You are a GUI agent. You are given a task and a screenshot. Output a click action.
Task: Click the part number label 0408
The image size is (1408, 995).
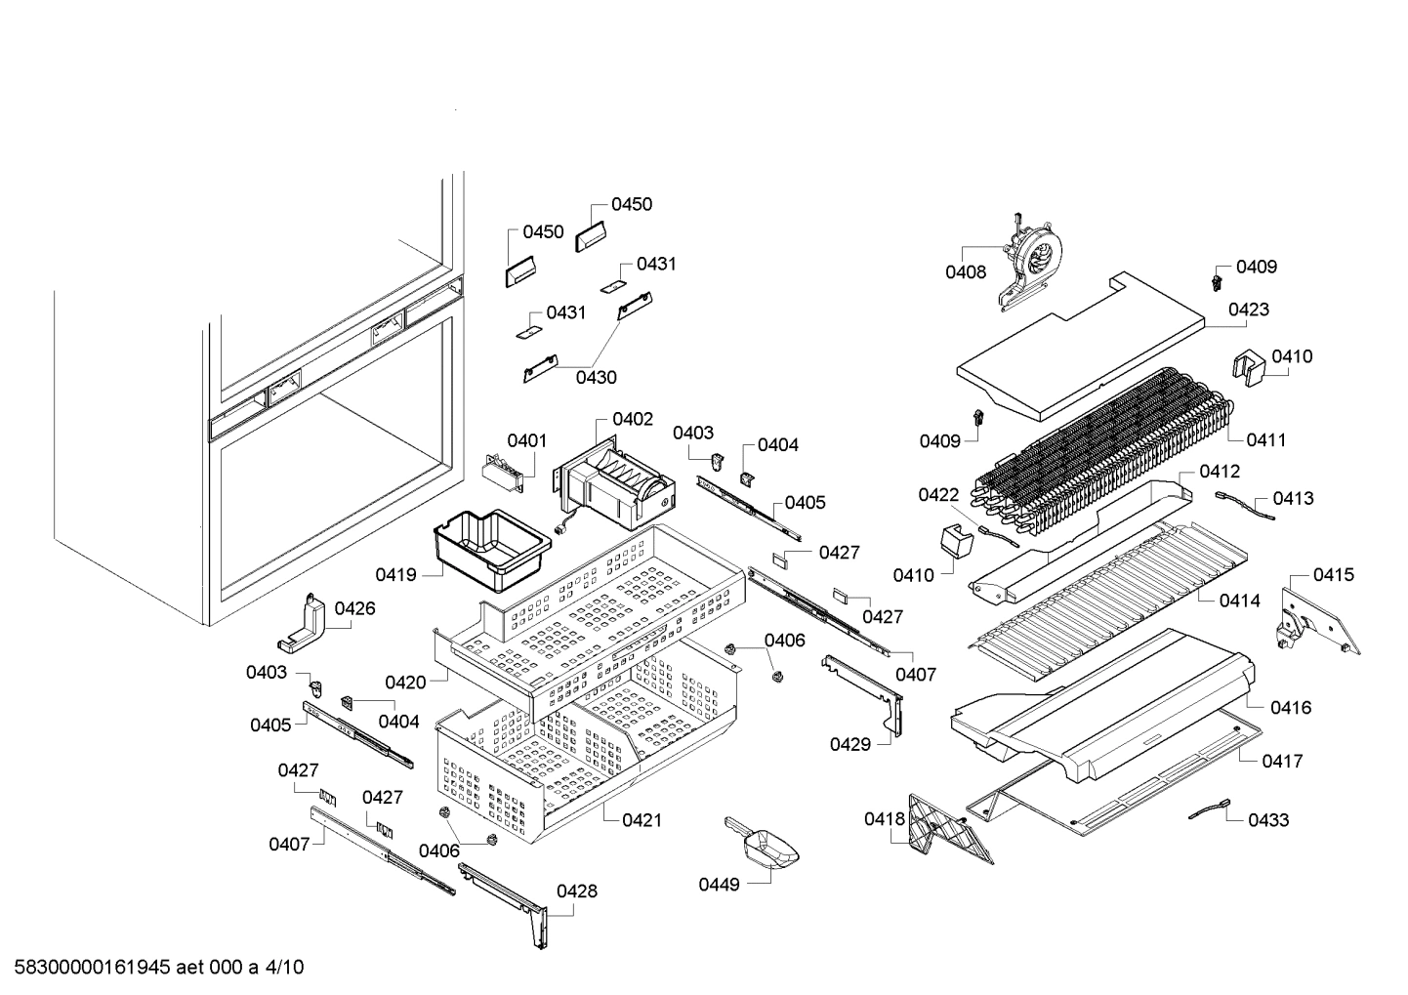click(x=965, y=272)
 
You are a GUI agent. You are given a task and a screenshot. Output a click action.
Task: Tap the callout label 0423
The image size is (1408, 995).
click(x=1249, y=310)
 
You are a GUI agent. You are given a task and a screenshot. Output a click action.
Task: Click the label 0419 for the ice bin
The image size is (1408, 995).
click(x=395, y=574)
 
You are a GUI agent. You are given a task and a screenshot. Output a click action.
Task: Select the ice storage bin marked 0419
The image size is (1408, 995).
click(x=486, y=549)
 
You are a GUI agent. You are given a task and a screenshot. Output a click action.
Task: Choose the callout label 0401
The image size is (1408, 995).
click(x=527, y=440)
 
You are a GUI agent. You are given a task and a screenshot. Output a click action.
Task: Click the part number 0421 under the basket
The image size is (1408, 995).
click(x=641, y=820)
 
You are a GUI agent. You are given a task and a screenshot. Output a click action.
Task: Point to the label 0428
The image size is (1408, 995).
click(x=577, y=891)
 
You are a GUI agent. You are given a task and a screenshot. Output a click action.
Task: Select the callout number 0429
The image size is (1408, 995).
click(x=850, y=744)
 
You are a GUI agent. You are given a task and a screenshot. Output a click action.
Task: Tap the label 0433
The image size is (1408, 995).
click(x=1268, y=820)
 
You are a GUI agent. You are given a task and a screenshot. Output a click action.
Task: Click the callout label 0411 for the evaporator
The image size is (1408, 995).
click(x=1265, y=439)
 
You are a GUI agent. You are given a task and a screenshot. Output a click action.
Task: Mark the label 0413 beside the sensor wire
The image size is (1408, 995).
click(x=1293, y=498)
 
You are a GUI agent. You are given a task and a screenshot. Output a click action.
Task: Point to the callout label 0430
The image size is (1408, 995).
click(x=596, y=377)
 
